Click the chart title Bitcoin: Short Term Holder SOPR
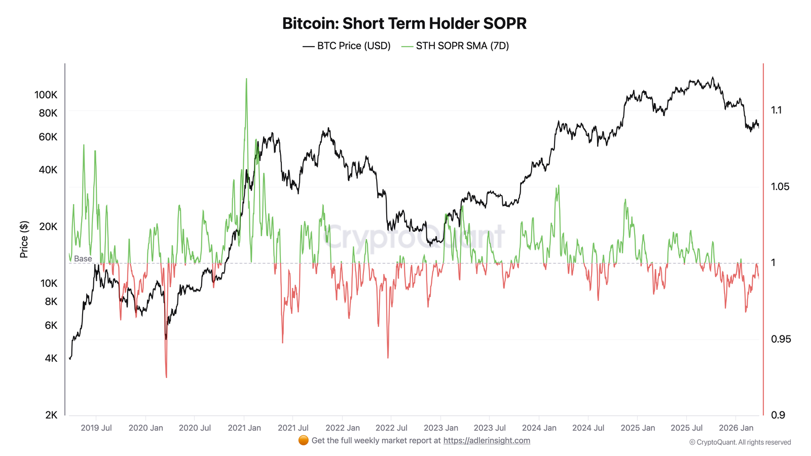pyautogui.click(x=404, y=23)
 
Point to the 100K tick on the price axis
pyautogui.click(x=46, y=95)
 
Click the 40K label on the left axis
pyautogui.click(x=48, y=170)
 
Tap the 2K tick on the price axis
pyautogui.click(x=51, y=415)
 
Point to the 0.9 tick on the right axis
pyautogui.click(x=778, y=415)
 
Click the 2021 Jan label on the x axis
pyautogui.click(x=244, y=428)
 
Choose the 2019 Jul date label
pyautogui.click(x=96, y=428)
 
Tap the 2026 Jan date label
pyautogui.click(x=736, y=428)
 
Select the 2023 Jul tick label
pyautogui.click(x=490, y=428)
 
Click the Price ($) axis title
pyautogui.click(x=24, y=239)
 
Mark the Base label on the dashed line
pyautogui.click(x=83, y=259)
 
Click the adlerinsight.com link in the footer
pyautogui.click(x=487, y=440)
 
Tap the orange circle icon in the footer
pyautogui.click(x=303, y=440)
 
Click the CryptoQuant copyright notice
pyautogui.click(x=740, y=442)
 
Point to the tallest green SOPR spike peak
pyautogui.click(x=246, y=79)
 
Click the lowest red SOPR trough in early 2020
pyautogui.click(x=166, y=377)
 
